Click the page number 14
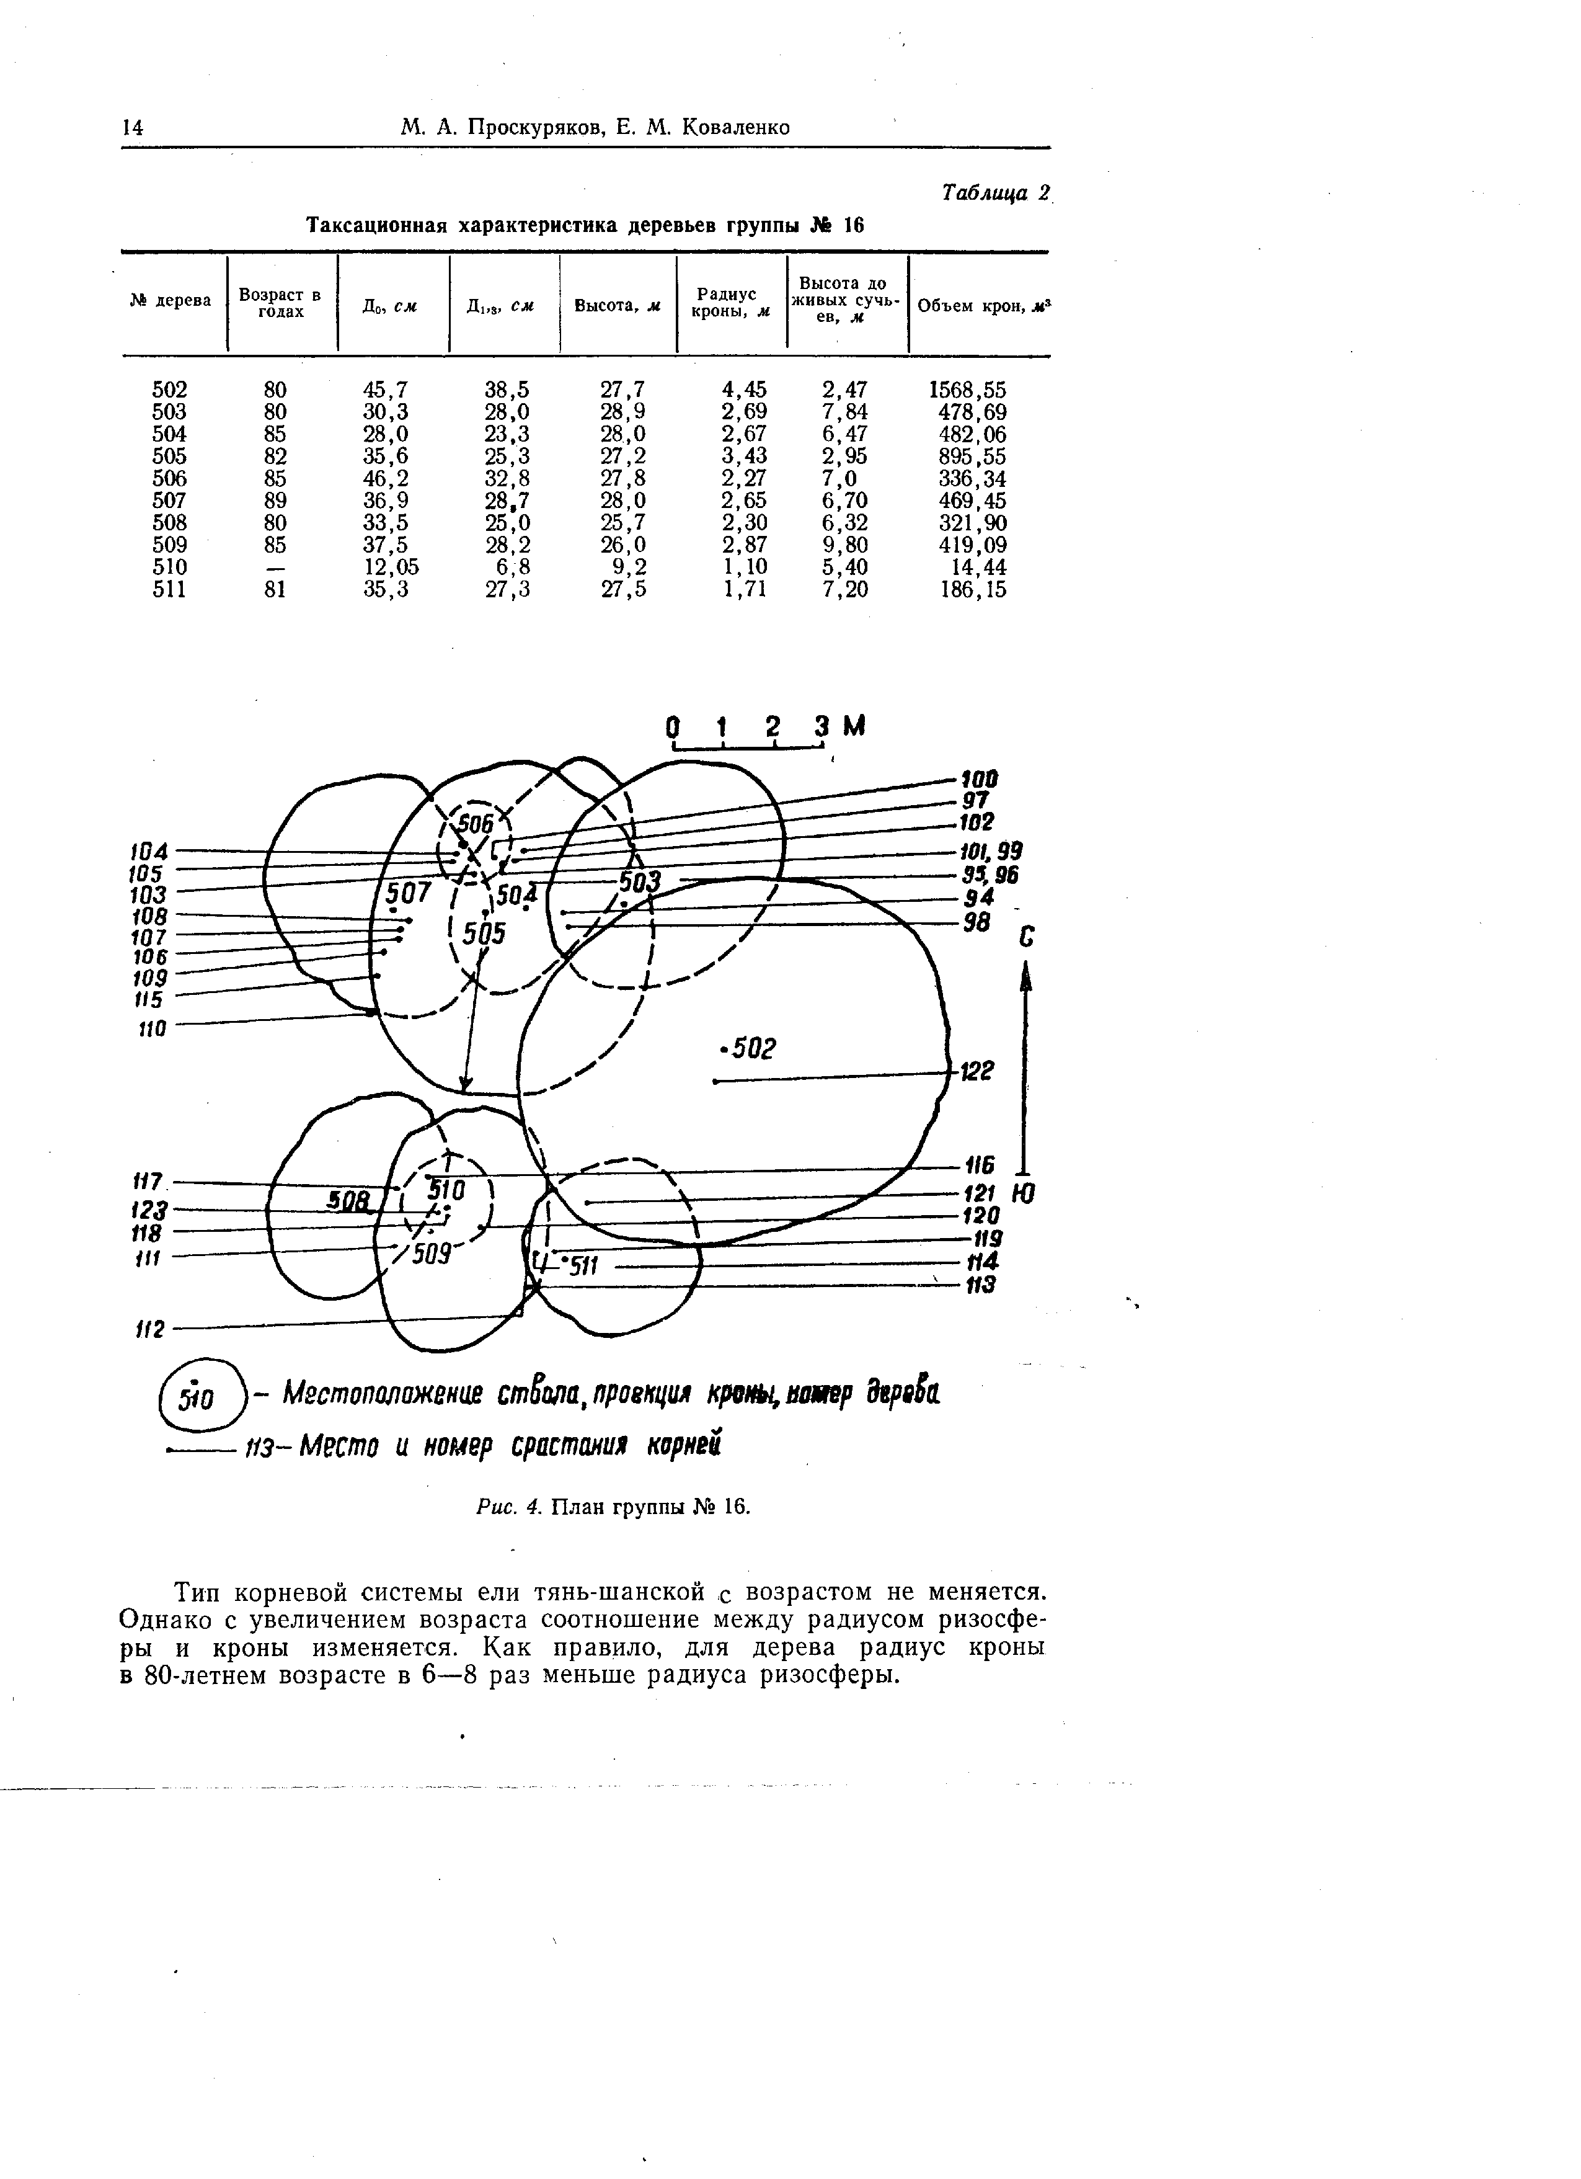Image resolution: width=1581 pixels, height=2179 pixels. (x=133, y=128)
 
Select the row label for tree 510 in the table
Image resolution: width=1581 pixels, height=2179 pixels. (x=170, y=568)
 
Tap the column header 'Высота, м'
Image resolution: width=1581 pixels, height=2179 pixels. (x=618, y=306)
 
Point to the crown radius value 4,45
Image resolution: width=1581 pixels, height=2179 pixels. (x=745, y=390)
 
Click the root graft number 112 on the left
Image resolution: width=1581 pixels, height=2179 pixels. (x=150, y=1330)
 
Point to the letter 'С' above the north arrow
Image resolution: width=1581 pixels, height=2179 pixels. (x=1027, y=938)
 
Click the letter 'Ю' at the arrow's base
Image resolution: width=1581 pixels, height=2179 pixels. (x=1026, y=1193)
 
